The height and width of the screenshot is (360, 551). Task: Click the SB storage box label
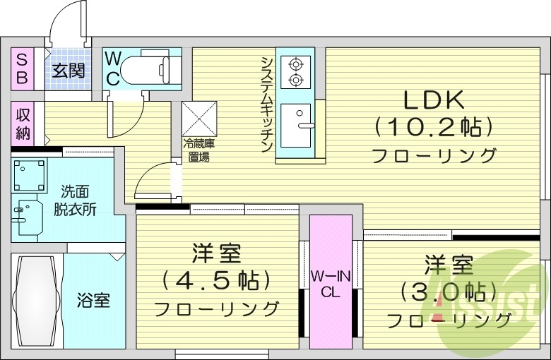pyautogui.click(x=22, y=68)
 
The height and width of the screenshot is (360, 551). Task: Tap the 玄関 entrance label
pyautogui.click(x=68, y=70)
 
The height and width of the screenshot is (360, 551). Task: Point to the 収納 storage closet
pyautogui.click(x=23, y=124)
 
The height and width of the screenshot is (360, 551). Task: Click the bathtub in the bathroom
pyautogui.click(x=37, y=300)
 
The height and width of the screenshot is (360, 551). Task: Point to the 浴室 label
pyautogui.click(x=93, y=300)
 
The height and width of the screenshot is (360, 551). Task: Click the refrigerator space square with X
pyautogui.click(x=200, y=118)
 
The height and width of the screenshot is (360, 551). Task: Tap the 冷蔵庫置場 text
pyautogui.click(x=199, y=151)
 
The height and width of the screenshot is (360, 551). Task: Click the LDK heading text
pyautogui.click(x=432, y=100)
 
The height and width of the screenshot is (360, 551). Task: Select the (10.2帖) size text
pyautogui.click(x=432, y=127)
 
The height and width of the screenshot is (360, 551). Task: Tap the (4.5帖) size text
pyautogui.click(x=217, y=280)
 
